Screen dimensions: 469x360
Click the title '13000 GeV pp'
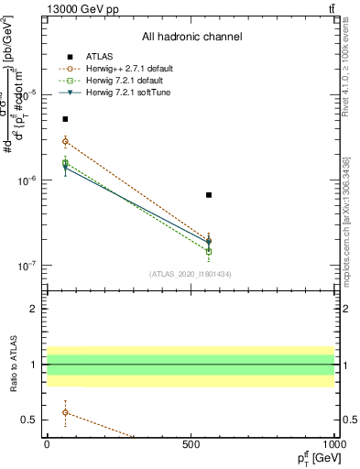click(x=81, y=8)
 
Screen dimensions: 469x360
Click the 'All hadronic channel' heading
click(x=191, y=37)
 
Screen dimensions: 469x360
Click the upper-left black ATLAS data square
click(x=65, y=119)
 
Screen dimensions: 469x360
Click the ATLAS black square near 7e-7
click(x=209, y=195)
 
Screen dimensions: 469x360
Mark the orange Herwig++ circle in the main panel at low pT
click(x=65, y=141)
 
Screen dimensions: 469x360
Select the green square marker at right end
click(x=209, y=251)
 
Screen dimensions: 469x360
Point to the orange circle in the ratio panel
click(x=65, y=412)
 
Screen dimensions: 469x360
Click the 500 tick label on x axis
click(x=191, y=443)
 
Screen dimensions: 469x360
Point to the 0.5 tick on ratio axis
click(x=32, y=420)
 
